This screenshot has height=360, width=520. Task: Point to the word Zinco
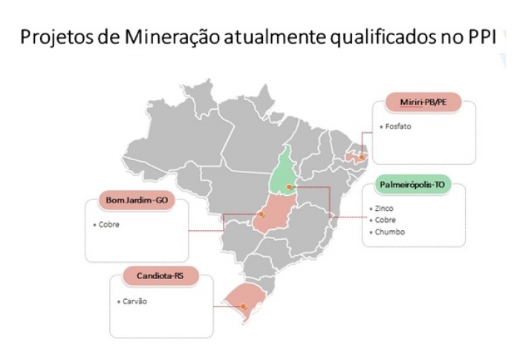pyautogui.click(x=384, y=209)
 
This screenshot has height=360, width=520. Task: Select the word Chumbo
pyautogui.click(x=389, y=232)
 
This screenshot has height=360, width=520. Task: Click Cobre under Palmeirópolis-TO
pyautogui.click(x=386, y=220)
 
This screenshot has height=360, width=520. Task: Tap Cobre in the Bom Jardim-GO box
pyautogui.click(x=109, y=224)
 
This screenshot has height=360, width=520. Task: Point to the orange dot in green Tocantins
pyautogui.click(x=289, y=187)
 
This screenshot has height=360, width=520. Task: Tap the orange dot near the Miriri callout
pyautogui.click(x=362, y=157)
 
